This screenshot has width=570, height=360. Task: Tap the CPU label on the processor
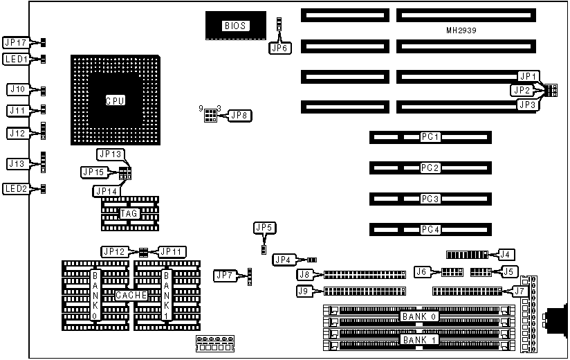click(115, 101)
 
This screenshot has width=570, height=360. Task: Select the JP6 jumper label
click(278, 48)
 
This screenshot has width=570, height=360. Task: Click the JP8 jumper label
click(239, 115)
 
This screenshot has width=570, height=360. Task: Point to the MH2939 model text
click(462, 31)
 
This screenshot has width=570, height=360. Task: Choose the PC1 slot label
click(430, 137)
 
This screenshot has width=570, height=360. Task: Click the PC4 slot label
click(430, 229)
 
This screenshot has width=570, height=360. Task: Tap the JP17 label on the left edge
click(15, 42)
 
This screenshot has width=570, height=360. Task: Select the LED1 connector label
click(15, 59)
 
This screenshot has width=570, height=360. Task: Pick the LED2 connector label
click(15, 188)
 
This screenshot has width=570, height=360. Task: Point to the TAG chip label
click(129, 213)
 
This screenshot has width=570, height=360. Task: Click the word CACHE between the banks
click(131, 296)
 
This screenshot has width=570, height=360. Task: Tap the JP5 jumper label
click(264, 227)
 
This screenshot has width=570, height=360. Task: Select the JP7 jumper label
click(224, 276)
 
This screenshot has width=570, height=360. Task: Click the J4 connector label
click(507, 254)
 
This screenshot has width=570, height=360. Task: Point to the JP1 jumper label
click(528, 75)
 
